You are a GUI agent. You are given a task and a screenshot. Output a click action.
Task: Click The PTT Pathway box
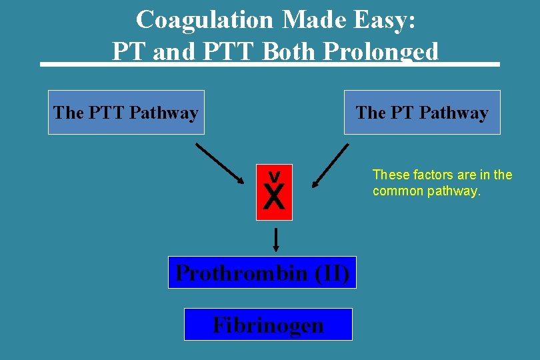coord(126,113)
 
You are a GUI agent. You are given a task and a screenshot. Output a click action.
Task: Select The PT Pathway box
coord(422,113)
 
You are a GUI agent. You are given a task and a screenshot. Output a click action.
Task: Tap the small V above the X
coord(273,176)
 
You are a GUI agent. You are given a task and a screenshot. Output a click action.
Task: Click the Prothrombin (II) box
coord(262,273)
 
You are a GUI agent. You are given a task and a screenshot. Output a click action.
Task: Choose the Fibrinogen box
coord(268,325)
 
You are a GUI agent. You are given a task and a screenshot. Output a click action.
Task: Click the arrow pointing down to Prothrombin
coord(275,239)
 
